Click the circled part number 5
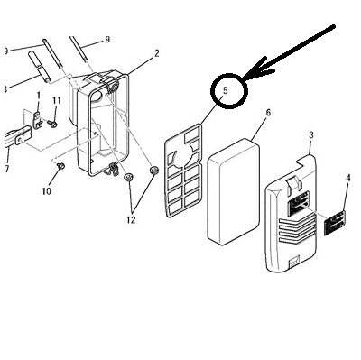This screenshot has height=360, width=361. coord(226,90)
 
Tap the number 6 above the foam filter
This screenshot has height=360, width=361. coord(268,113)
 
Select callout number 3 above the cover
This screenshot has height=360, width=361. coord(311,135)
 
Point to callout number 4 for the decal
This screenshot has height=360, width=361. coord(348,178)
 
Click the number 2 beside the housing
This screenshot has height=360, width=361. coord(156,53)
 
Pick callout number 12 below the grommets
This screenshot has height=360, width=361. coord(131,220)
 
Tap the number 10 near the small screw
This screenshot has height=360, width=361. coord(47,191)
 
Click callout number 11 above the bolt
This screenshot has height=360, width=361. coord(57,101)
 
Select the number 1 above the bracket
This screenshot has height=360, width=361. coord(39,96)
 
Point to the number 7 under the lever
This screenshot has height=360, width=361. coord(7,169)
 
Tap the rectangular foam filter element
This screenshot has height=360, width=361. coord(234,191)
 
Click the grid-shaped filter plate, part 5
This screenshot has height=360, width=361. coord(183,171)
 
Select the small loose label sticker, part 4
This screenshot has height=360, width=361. coord(335,223)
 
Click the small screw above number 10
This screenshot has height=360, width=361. coord(61,165)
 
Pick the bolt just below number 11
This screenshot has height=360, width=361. coord(52,124)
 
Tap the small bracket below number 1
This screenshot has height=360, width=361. coord(38,120)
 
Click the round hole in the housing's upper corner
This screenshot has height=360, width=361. coord(97,97)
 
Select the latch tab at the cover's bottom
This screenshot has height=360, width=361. coord(293,262)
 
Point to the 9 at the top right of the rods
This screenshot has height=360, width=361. coord(107,40)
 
